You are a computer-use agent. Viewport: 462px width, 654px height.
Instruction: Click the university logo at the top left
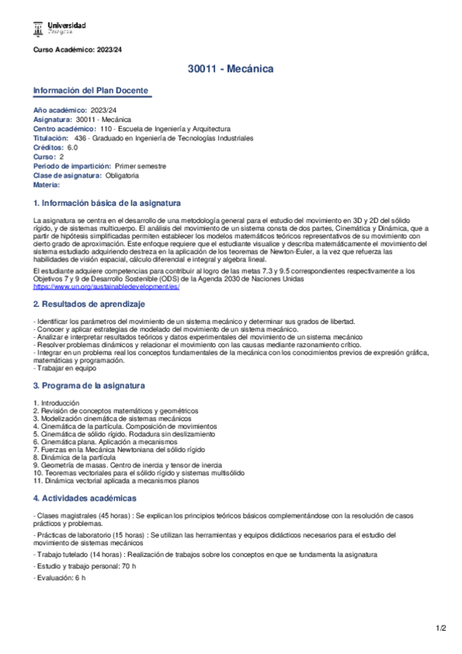point(59,29)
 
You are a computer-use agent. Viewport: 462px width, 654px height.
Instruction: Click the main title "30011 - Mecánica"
point(231,69)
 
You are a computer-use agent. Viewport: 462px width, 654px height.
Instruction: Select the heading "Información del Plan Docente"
point(92,90)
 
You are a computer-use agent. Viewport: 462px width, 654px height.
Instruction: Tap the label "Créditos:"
point(49,147)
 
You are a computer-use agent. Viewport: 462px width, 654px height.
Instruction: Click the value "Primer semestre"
point(140,166)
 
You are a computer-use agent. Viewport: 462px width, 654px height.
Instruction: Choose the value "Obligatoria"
point(122,175)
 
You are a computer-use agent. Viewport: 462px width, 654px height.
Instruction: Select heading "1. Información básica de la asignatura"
point(107,203)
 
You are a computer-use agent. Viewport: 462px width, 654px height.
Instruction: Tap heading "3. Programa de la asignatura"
point(89,385)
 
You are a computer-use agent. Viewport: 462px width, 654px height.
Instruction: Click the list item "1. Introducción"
point(57,403)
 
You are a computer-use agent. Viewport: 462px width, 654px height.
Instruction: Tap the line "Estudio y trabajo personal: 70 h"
point(86,565)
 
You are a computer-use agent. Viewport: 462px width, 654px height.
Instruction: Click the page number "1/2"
point(440,629)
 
